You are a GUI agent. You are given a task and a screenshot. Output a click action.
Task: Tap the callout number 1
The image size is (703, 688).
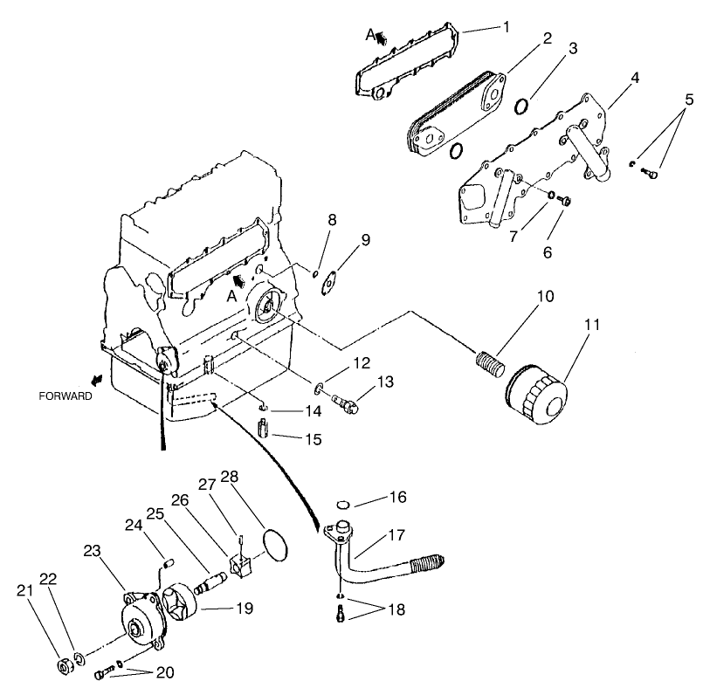click(506, 26)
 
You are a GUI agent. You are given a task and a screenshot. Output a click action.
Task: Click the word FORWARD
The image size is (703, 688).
click(65, 396)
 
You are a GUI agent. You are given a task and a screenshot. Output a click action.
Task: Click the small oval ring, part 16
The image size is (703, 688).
click(343, 504)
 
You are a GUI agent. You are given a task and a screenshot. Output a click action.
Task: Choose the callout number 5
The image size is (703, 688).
click(689, 100)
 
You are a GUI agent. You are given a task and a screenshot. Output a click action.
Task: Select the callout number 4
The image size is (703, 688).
click(635, 77)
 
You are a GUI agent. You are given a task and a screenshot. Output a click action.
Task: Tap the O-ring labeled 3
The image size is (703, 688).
click(521, 107)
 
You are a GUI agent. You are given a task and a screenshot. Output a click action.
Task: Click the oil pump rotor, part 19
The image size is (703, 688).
click(186, 606)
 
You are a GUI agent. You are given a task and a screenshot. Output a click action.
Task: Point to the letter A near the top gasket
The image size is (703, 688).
click(370, 34)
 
